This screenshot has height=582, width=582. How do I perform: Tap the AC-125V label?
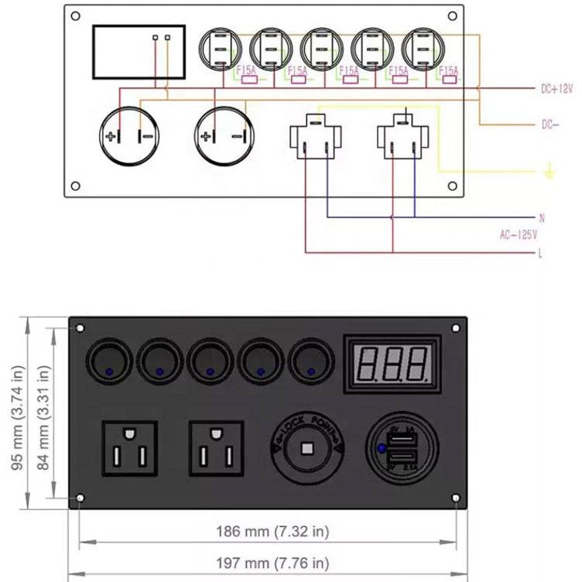click(x=518, y=235)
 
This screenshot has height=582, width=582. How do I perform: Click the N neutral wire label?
click(x=542, y=218)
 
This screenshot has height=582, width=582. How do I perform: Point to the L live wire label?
click(x=541, y=253)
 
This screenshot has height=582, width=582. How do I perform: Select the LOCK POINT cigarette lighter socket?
click(x=307, y=449)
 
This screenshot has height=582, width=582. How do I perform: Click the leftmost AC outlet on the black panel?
click(x=128, y=449)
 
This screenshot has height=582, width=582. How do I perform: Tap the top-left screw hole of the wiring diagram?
click(x=75, y=15)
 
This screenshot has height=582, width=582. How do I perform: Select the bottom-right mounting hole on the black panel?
click(x=455, y=498)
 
